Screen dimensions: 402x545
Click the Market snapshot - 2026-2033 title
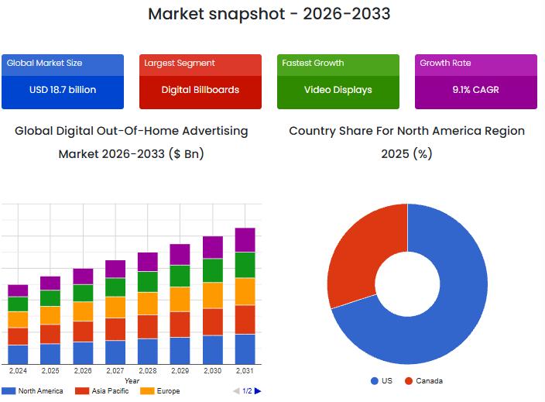click(269, 14)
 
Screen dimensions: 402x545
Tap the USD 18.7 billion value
click(63, 90)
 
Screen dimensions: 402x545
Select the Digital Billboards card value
click(200, 90)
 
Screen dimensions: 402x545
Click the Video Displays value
click(338, 90)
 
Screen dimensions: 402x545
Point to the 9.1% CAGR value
click(475, 90)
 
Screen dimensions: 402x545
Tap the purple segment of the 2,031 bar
click(245, 239)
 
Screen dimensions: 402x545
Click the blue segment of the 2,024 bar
click(18, 354)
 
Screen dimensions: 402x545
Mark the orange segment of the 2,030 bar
click(212, 295)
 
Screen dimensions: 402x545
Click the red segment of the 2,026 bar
click(83, 332)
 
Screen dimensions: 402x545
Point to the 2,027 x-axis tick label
click(115, 371)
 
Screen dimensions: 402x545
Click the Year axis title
click(132, 380)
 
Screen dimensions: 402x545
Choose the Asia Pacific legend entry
click(105, 391)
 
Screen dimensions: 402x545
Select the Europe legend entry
click(167, 391)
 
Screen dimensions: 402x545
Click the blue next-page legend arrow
click(258, 391)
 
